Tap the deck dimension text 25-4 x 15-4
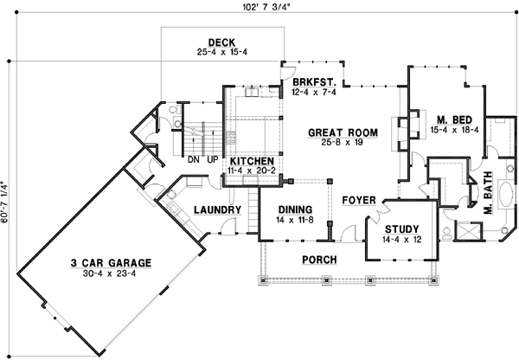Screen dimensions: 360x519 pos(223,53)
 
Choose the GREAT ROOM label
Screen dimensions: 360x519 pos(343,132)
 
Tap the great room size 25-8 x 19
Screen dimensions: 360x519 pos(343,143)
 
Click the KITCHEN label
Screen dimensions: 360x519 pos(253,162)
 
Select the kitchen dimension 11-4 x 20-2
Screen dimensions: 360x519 pos(253,172)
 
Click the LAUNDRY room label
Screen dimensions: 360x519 pos(216,209)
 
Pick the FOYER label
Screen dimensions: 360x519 pos(358,201)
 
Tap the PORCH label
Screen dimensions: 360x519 pos(318,260)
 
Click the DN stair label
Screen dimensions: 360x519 pos(192,160)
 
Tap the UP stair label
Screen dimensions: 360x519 pos(212,160)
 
